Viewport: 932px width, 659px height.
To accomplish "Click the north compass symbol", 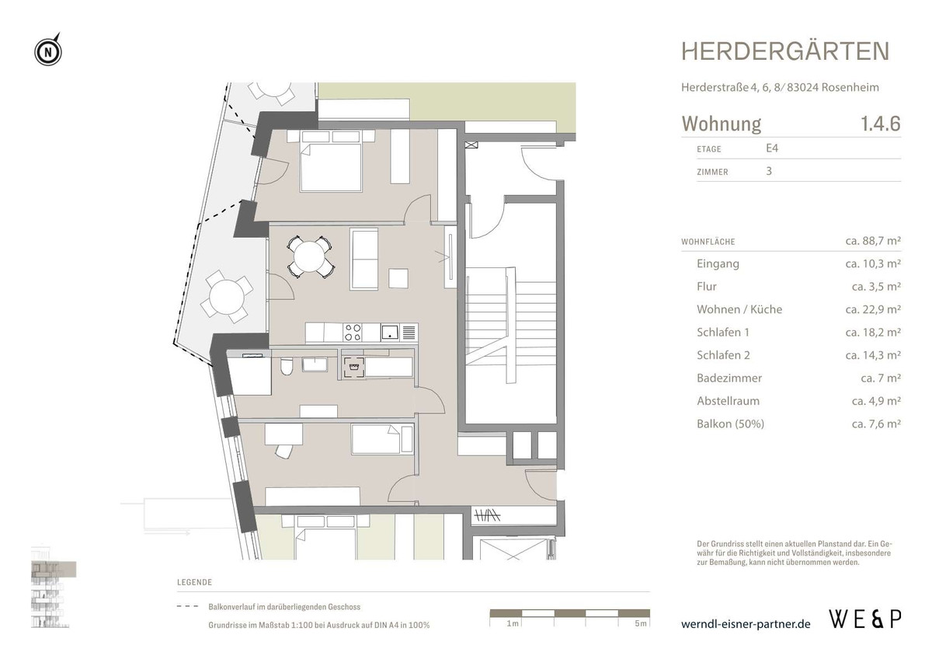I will [48, 52].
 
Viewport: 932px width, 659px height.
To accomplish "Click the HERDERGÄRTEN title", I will [785, 52].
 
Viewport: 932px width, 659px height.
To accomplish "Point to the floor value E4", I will [773, 148].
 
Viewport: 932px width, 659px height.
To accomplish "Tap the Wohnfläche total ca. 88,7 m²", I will [872, 242].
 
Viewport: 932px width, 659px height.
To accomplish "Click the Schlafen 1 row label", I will [723, 333].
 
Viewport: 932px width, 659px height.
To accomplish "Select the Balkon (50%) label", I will [730, 424].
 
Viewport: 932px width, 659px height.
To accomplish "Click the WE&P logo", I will [865, 619].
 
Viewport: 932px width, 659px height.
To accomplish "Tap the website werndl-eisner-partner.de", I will [745, 624].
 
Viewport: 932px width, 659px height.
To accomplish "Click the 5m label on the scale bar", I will [639, 624].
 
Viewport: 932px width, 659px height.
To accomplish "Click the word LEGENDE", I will [194, 582].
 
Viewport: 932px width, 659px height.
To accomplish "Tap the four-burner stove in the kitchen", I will [352, 332].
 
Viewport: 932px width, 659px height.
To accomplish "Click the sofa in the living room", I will [364, 259].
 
